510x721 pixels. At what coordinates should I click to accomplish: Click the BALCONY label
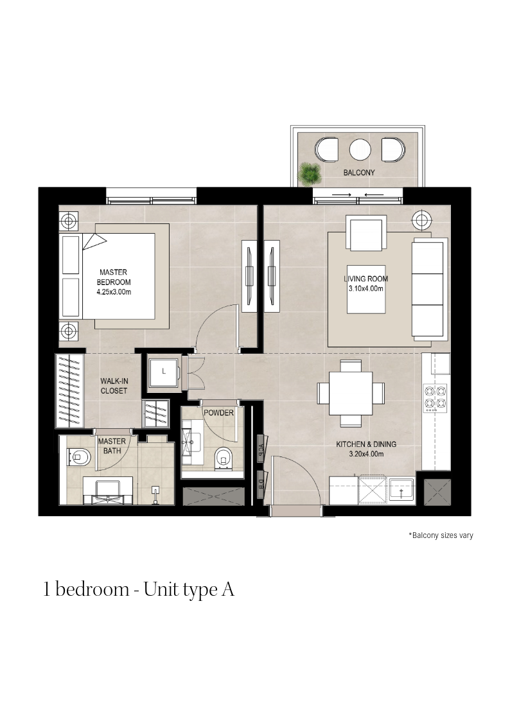(x=358, y=173)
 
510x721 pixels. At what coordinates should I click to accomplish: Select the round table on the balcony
(x=360, y=150)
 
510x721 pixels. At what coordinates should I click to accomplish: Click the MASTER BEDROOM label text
(x=114, y=277)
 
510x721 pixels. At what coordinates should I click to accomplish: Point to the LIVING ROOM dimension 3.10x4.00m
(x=366, y=289)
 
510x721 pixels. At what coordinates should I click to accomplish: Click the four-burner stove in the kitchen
(x=435, y=398)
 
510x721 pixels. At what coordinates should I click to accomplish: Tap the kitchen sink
(x=401, y=490)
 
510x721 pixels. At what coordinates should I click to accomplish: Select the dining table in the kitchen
(x=351, y=393)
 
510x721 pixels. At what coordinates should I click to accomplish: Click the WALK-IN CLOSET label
(x=114, y=386)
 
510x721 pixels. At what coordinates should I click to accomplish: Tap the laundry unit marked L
(x=164, y=372)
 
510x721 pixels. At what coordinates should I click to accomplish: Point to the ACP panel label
(x=261, y=446)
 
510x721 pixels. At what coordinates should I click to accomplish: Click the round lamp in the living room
(x=421, y=220)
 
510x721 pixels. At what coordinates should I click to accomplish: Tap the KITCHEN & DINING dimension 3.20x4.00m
(x=366, y=454)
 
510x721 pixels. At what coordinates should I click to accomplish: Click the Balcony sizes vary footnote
(x=441, y=535)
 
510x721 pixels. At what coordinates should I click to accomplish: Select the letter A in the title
(x=227, y=589)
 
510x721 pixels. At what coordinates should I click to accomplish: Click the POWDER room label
(x=218, y=413)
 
